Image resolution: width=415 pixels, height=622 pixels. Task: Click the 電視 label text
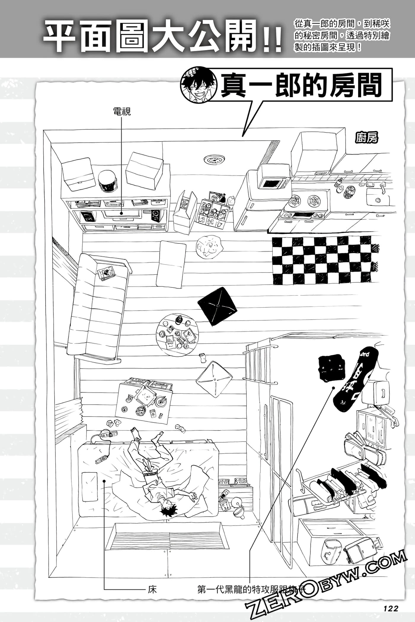(122, 112)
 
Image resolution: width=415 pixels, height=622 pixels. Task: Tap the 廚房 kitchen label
(367, 138)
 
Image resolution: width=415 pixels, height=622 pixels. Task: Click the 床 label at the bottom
(152, 581)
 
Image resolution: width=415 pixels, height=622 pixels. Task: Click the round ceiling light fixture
(214, 160)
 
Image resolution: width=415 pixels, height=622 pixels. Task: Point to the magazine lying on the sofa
(106, 273)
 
